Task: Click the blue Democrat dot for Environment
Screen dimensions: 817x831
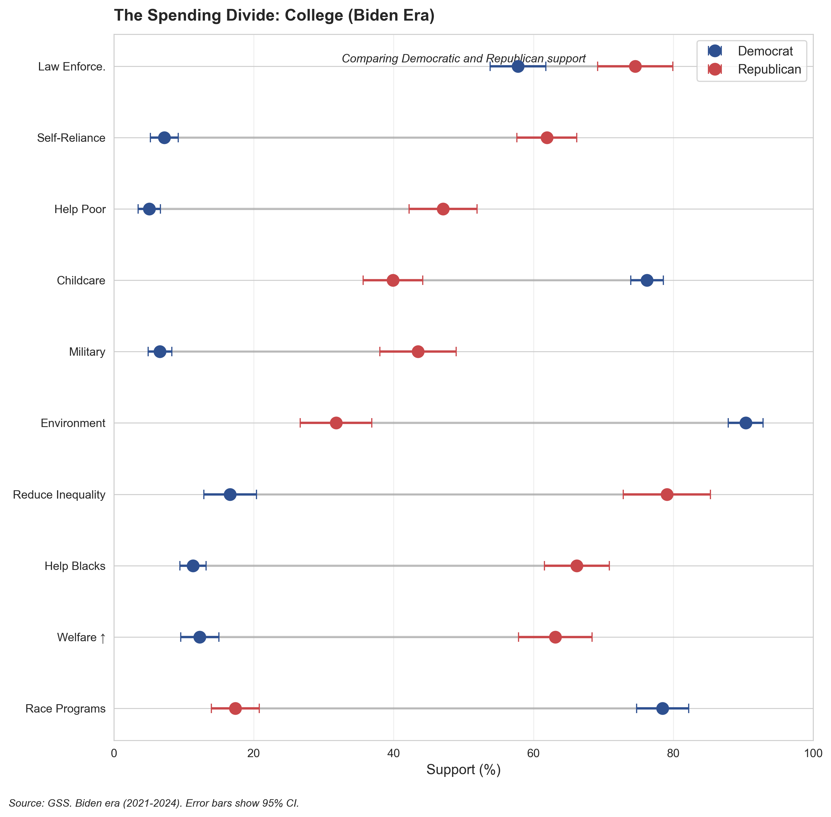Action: pyautogui.click(x=746, y=423)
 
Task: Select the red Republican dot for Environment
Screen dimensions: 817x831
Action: pyautogui.click(x=336, y=423)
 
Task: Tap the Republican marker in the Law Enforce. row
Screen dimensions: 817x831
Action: pyautogui.click(x=636, y=67)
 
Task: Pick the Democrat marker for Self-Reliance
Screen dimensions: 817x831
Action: pyautogui.click(x=164, y=138)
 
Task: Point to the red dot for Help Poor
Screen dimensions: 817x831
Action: pyautogui.click(x=443, y=209)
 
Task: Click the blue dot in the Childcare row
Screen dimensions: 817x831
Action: pyautogui.click(x=647, y=280)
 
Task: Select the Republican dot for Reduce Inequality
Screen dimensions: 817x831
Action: pyautogui.click(x=667, y=494)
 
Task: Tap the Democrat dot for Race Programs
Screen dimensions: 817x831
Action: pyautogui.click(x=663, y=708)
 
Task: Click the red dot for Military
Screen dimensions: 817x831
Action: pyautogui.click(x=418, y=352)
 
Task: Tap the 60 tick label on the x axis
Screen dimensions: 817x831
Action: pyautogui.click(x=533, y=754)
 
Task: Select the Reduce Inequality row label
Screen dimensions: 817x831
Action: pyautogui.click(x=59, y=495)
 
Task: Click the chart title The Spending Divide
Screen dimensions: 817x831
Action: pyautogui.click(x=274, y=15)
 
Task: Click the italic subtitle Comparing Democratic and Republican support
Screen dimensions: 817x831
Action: pyautogui.click(x=463, y=59)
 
